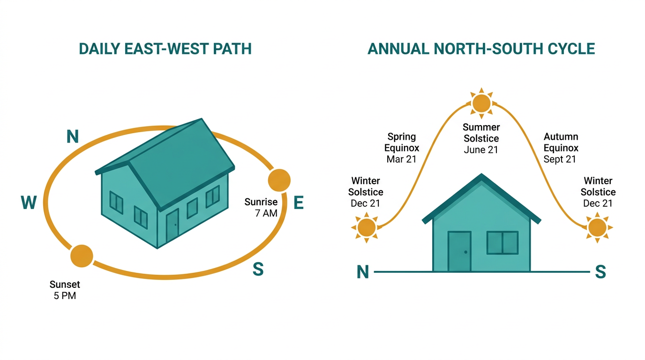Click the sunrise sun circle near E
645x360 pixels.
(x=279, y=180)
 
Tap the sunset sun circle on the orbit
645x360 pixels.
(x=82, y=256)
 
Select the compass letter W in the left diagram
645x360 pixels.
(x=29, y=202)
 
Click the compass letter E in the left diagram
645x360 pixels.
(x=299, y=202)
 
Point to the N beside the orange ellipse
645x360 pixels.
(x=73, y=136)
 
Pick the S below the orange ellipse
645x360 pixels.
(x=258, y=269)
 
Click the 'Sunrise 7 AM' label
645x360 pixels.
(x=261, y=207)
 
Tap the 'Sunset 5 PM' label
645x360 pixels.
(x=65, y=290)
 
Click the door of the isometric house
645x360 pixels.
(x=172, y=226)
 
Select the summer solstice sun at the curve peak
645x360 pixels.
(x=481, y=103)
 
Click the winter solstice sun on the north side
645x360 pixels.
(x=366, y=227)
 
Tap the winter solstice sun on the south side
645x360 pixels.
(x=598, y=227)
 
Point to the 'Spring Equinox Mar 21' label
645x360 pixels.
(x=402, y=148)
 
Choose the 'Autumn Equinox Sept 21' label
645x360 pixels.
(x=561, y=148)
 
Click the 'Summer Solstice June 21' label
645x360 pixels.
(x=481, y=138)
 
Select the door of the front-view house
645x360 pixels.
(x=459, y=251)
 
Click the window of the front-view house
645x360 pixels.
(x=502, y=242)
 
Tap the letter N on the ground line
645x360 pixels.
(x=362, y=272)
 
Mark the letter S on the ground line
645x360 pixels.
(x=600, y=271)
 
